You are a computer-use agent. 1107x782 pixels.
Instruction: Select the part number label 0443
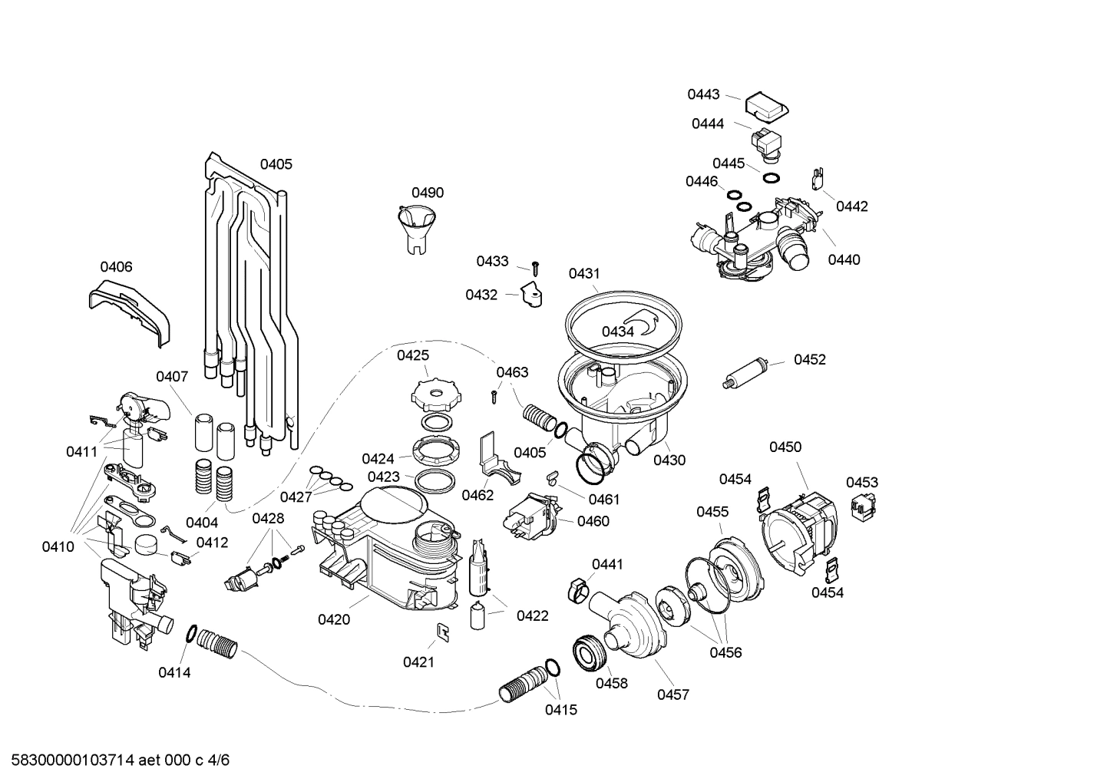click(x=703, y=94)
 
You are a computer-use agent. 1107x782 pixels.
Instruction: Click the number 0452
click(x=810, y=359)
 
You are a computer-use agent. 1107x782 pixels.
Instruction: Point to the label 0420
click(x=334, y=619)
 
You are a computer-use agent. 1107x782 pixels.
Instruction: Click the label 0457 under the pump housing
click(x=672, y=695)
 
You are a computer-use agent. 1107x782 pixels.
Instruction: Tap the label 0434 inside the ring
click(x=617, y=332)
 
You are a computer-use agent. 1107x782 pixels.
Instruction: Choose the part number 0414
click(x=174, y=672)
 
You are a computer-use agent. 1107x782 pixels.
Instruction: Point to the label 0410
click(x=58, y=546)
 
